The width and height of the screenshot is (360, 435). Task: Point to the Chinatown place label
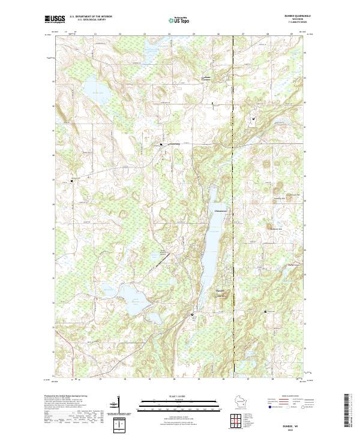(220, 211)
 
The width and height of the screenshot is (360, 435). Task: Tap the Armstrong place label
(173, 144)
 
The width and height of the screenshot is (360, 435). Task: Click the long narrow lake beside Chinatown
(212, 234)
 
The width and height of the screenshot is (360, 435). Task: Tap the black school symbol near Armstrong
(161, 144)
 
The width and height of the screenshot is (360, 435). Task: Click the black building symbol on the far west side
(73, 179)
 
